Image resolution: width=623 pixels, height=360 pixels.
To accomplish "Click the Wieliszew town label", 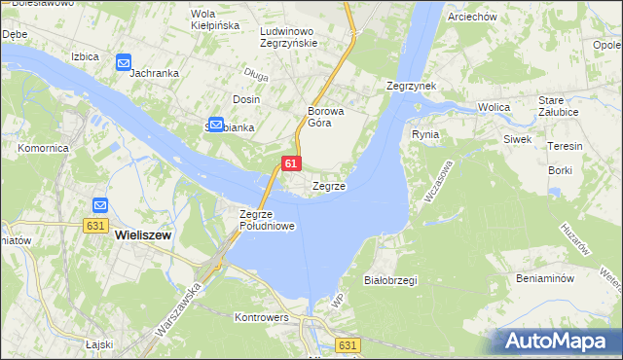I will tap(144, 234).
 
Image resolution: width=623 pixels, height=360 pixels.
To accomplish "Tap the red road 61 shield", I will tap(291, 164).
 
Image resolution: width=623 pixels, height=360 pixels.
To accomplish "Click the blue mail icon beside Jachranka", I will tap(124, 62).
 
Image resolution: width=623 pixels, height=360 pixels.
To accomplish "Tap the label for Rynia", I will tap(425, 134).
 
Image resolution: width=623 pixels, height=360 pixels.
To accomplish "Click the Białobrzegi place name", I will tap(389, 280).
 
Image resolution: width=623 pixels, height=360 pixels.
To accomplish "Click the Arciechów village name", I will tap(472, 18).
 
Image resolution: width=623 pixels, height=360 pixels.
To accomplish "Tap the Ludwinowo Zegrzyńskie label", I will tap(290, 37).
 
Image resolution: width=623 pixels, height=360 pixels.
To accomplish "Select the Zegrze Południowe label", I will tap(267, 220).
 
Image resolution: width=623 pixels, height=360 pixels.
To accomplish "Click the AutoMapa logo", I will tap(560, 341).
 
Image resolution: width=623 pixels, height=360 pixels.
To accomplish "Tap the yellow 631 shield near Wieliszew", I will tap(94, 225).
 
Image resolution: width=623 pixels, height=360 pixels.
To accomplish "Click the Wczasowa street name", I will tap(437, 181).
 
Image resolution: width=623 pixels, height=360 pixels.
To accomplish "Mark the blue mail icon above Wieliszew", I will tap(101, 205).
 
